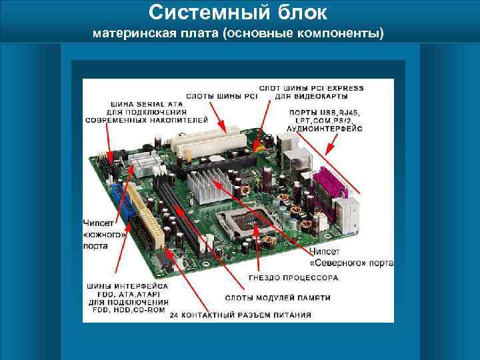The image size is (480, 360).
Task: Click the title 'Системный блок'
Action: (x=238, y=12)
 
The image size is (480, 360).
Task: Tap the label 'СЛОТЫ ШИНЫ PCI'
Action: (x=221, y=96)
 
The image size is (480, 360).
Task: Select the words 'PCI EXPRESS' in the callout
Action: (x=338, y=88)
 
